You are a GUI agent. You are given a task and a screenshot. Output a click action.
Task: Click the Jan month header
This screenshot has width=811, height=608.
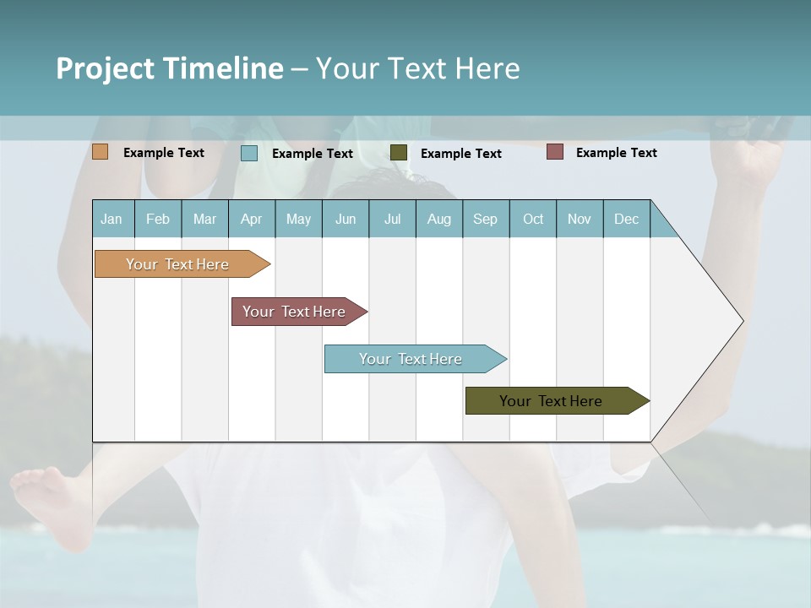pos(112,219)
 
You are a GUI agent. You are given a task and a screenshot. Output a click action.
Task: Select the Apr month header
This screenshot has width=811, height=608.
pos(251,219)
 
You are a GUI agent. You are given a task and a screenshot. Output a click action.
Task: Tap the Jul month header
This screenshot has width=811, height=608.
pos(392,219)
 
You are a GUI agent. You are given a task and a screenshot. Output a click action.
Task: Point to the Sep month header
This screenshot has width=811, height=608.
pos(485,219)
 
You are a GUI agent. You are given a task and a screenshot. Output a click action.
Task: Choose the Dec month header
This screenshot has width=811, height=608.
pos(626,219)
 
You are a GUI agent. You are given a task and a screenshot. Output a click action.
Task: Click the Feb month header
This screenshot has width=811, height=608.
pos(158,219)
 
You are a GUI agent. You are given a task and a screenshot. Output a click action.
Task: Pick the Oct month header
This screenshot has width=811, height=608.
pos(533,219)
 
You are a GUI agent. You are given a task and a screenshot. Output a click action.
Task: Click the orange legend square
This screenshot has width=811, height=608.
pos(100,152)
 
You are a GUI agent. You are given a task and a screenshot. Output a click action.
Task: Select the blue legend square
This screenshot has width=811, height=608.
pos(249,153)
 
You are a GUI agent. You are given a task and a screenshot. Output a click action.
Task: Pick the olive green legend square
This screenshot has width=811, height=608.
pos(399,152)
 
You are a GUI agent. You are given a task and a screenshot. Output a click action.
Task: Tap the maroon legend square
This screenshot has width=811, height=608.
pos(555,152)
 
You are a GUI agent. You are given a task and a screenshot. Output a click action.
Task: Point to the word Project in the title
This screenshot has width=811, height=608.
pos(106,68)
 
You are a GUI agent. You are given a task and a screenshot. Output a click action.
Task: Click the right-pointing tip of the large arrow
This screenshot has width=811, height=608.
pos(740,321)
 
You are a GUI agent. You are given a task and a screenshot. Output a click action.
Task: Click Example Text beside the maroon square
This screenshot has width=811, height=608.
pos(616,153)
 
